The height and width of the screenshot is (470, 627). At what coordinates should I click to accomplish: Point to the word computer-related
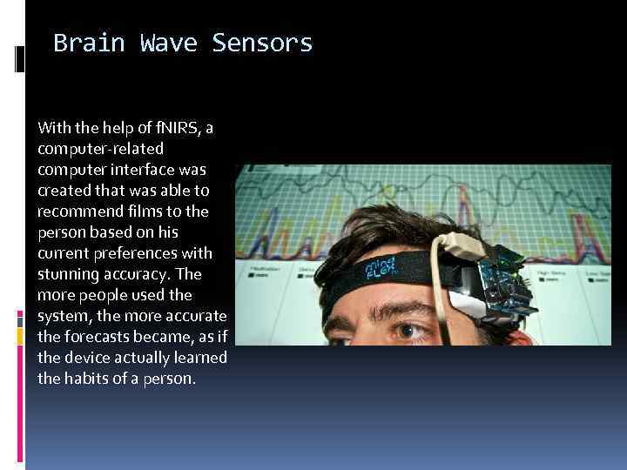point(101,149)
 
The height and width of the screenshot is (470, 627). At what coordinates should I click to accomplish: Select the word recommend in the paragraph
point(80,211)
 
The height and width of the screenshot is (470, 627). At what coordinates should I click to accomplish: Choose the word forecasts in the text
point(97,337)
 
